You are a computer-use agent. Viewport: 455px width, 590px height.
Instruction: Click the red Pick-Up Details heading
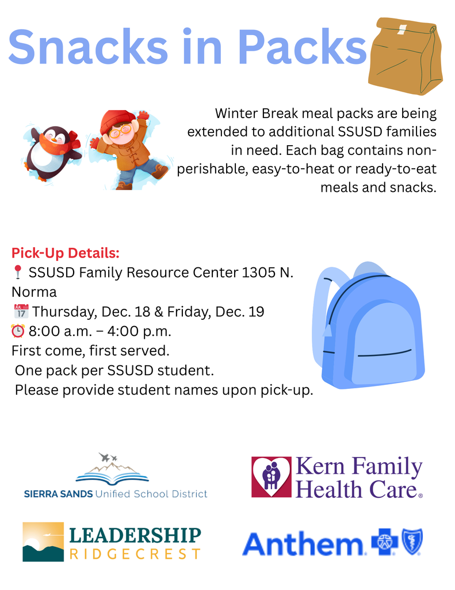click(x=66, y=253)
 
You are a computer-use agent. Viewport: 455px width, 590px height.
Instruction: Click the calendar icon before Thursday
click(x=20, y=312)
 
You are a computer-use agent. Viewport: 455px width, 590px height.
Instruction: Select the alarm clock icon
click(x=18, y=332)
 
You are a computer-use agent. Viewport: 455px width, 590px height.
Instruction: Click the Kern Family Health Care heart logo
click(x=272, y=477)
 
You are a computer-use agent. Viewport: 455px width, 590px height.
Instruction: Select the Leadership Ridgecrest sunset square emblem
click(x=43, y=542)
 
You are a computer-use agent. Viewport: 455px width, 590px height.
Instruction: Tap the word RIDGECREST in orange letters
click(x=136, y=554)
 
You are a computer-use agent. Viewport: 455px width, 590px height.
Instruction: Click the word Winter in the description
click(x=236, y=114)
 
